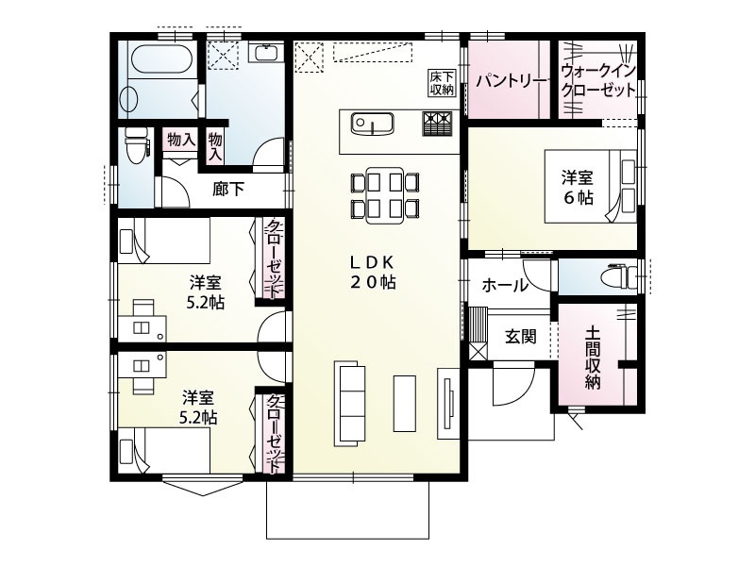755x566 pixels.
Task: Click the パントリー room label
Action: (511, 81)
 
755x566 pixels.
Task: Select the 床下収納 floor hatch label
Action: (442, 83)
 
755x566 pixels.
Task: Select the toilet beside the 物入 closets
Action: (138, 143)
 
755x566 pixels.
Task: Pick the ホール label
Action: (505, 285)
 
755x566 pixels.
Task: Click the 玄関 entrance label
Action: (520, 336)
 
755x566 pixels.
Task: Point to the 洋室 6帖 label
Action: (578, 186)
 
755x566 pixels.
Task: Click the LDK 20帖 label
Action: (374, 272)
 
